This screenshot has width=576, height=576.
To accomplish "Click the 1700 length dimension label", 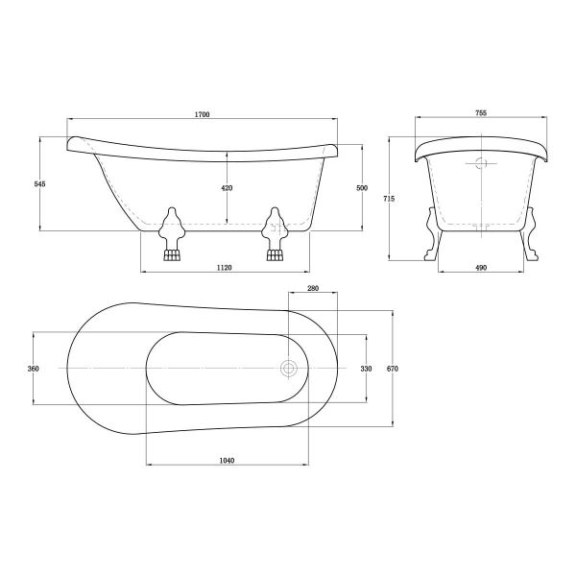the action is [x=202, y=114].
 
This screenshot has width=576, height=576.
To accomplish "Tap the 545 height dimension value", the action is [x=39, y=184].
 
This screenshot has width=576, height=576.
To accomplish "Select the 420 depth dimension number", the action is [x=227, y=188].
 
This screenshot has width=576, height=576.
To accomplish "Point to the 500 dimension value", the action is [x=362, y=188].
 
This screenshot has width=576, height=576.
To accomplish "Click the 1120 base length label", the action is [x=224, y=268].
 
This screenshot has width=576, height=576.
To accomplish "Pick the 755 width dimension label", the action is [x=481, y=113].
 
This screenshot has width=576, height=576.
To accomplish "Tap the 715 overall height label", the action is [x=389, y=199].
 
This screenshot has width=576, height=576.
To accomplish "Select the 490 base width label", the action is [x=481, y=268].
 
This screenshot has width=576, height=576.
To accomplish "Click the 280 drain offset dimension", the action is [x=313, y=288].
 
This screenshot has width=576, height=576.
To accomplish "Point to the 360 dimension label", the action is [x=33, y=369].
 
